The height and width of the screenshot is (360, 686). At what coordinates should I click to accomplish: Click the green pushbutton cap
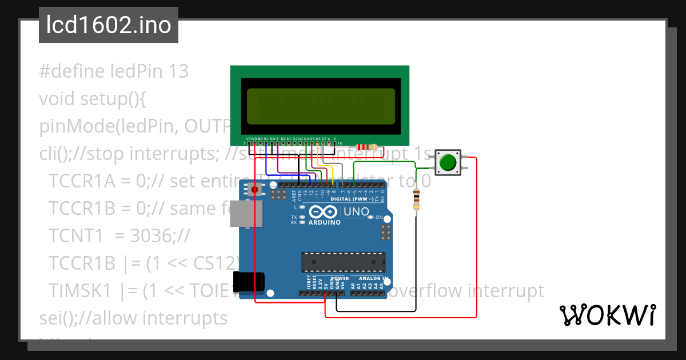448,162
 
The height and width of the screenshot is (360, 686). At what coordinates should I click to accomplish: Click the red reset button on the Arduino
254,189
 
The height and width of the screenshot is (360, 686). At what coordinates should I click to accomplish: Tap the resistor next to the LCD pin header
366,147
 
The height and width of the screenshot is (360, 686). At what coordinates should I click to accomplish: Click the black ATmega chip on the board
343,261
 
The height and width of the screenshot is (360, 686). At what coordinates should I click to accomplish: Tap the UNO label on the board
355,212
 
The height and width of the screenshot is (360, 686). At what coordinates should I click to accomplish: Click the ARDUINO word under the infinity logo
324,222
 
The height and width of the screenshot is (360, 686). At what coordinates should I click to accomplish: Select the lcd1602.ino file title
109,25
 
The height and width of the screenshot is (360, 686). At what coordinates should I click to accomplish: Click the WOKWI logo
607,315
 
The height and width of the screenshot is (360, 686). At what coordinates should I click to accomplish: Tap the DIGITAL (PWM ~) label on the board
352,199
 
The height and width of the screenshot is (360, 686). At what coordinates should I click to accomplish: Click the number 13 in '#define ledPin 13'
179,71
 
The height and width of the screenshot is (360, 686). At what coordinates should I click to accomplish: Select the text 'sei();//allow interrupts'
133,318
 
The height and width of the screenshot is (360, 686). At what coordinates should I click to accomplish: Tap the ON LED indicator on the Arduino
370,217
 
